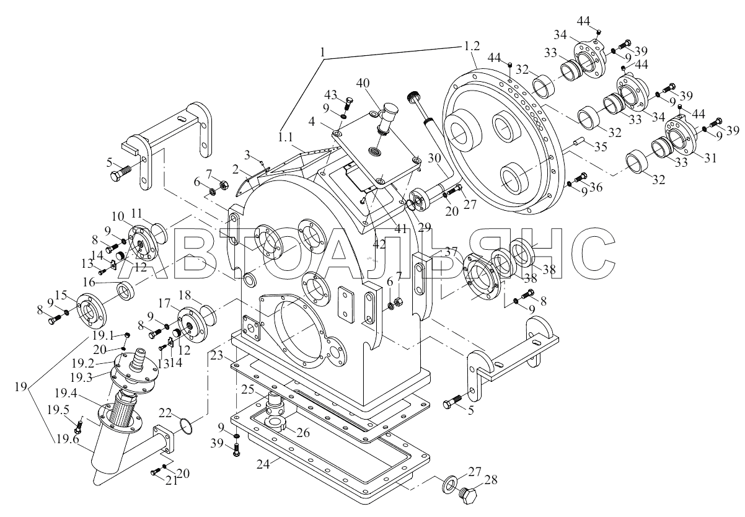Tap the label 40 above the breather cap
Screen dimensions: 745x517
[363, 83]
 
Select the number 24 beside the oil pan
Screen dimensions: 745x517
[263, 464]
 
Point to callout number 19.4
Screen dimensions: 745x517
[66, 394]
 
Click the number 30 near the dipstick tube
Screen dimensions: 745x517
[434, 158]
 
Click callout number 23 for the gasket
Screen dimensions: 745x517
[217, 356]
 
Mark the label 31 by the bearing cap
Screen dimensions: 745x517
[710, 157]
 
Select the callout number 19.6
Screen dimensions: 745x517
[68, 439]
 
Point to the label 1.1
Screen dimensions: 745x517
[285, 137]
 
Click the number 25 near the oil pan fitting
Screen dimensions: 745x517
[247, 389]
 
